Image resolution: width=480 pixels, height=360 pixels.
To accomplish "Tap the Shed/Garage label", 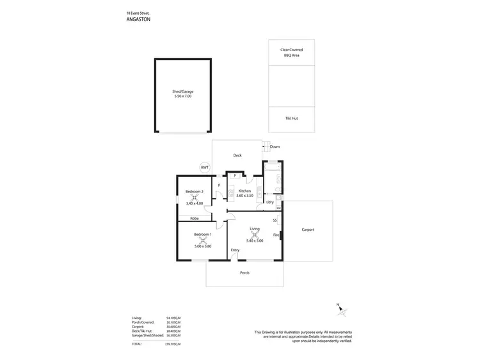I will (x=182, y=91).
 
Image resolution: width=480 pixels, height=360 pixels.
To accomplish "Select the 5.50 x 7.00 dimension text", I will (x=182, y=97).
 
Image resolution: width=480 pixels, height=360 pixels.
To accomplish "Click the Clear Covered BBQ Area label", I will (x=291, y=52).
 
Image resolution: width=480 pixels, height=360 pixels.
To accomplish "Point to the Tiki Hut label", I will (x=291, y=119).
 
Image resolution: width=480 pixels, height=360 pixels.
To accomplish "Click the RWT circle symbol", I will (x=205, y=168).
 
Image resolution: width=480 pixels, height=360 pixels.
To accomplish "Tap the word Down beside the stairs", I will (x=275, y=146).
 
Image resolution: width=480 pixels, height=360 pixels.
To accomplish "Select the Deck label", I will (x=237, y=155).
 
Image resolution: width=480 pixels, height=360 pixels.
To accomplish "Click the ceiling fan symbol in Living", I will (x=255, y=234).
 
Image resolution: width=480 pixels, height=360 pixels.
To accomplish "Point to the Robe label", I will (x=194, y=219).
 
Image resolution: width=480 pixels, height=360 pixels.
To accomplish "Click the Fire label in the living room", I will (x=276, y=235).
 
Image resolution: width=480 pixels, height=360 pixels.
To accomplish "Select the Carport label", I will (x=308, y=230).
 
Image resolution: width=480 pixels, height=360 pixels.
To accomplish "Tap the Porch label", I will (x=244, y=273).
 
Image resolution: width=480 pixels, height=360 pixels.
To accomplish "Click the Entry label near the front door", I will (x=235, y=249).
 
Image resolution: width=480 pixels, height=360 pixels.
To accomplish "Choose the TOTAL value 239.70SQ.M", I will (x=173, y=344).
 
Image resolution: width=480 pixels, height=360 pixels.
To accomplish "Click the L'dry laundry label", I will (x=270, y=203).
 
